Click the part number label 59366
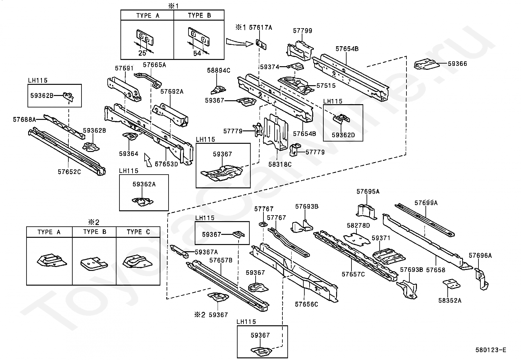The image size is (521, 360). click(x=457, y=64)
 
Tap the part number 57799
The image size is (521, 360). click(x=302, y=31)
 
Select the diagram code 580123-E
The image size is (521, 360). click(x=491, y=350)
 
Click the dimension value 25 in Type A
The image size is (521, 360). click(x=142, y=53)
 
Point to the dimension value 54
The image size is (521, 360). click(x=197, y=53)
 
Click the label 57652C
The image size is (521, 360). click(x=69, y=172)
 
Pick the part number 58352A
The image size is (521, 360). click(x=450, y=300)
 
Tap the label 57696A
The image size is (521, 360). click(x=480, y=256)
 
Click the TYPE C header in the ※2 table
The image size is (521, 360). click(x=138, y=232)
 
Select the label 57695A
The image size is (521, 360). click(x=368, y=191)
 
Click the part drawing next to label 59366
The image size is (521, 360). click(x=426, y=64)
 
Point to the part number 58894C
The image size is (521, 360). click(x=219, y=70)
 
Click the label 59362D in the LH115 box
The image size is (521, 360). click(x=343, y=135)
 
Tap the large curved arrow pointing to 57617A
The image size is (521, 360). click(x=240, y=43)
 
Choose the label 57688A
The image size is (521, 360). click(x=25, y=120)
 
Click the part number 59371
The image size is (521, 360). click(x=381, y=238)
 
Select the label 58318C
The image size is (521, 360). click(x=280, y=164)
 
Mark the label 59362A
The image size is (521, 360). click(x=144, y=184)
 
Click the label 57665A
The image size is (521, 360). click(x=154, y=65)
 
